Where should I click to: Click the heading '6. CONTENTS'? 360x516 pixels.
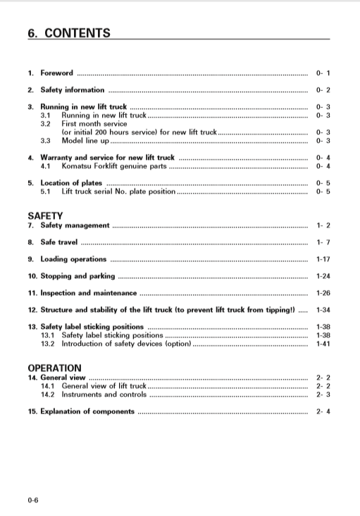[x=69, y=32]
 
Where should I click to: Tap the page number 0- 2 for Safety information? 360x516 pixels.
[x=323, y=90]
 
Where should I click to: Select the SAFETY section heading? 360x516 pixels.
[x=45, y=216]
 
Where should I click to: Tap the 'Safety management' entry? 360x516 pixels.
[x=75, y=226]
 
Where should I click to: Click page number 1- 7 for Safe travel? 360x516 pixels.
[x=323, y=242]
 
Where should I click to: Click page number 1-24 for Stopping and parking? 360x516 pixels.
[x=323, y=276]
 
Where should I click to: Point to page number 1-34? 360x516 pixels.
[x=323, y=310]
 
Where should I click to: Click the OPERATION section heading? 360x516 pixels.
[x=54, y=368]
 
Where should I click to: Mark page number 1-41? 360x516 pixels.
[x=323, y=344]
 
